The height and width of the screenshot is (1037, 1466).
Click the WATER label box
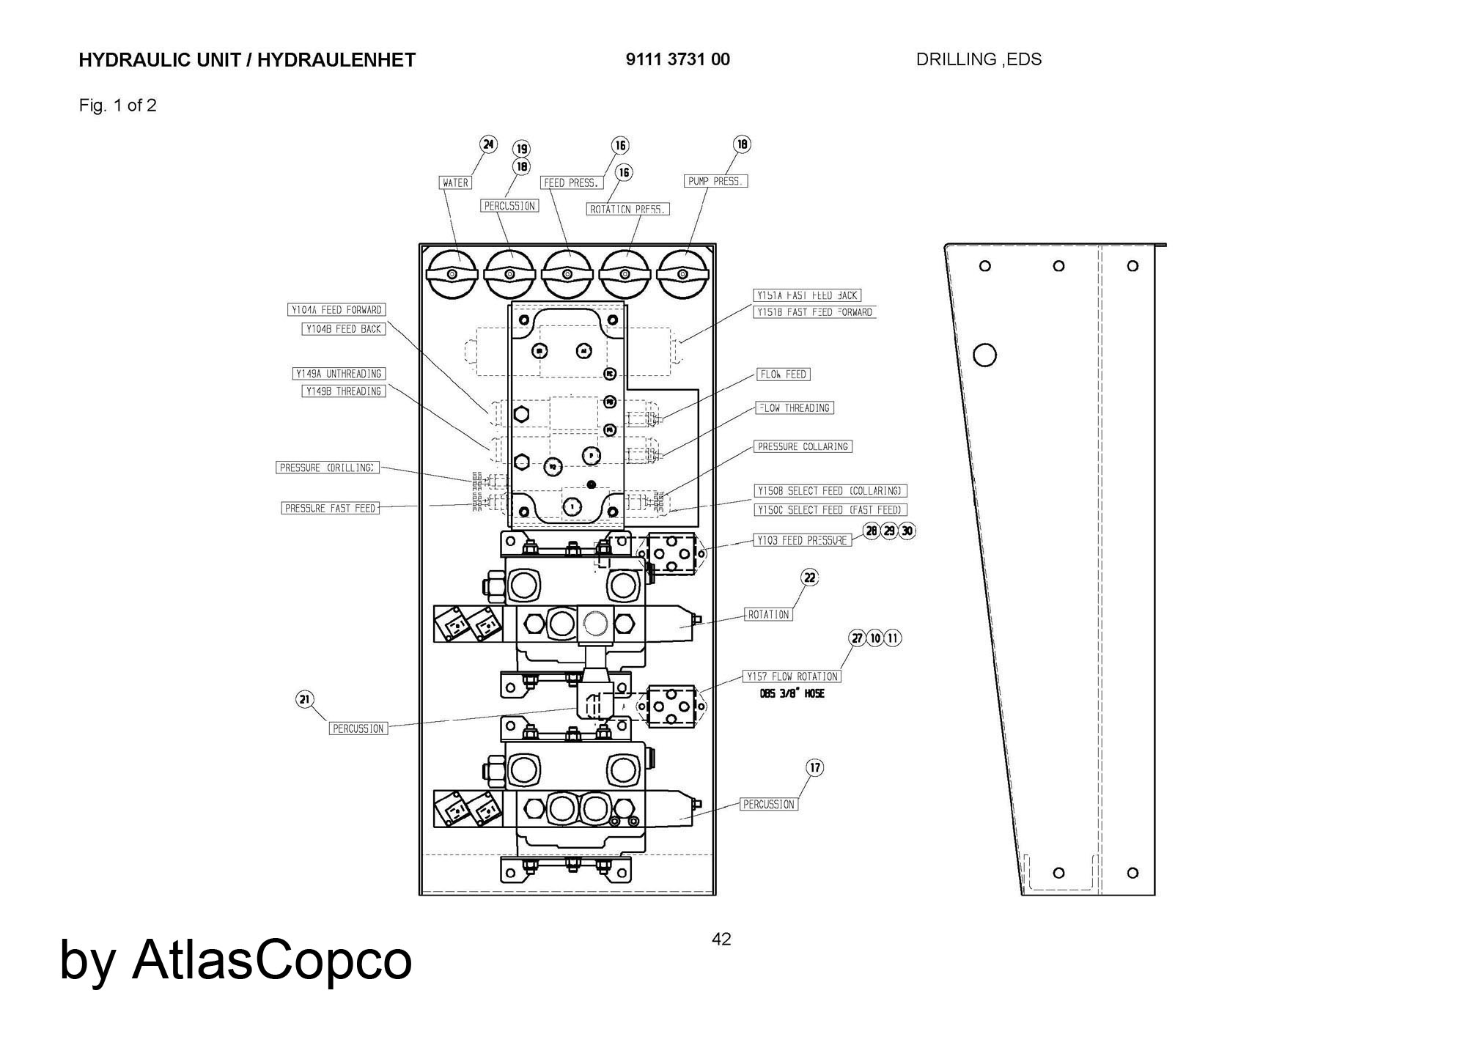click(455, 182)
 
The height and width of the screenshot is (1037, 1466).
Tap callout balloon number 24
click(488, 144)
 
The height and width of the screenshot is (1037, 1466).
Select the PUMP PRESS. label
click(716, 181)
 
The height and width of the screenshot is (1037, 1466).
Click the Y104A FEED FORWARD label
click(336, 310)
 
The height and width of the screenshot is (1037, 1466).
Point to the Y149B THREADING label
click(344, 391)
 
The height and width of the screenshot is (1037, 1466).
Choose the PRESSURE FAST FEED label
click(331, 508)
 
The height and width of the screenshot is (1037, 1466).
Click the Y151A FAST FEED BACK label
click(807, 295)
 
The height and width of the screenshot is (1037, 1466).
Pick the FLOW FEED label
click(783, 374)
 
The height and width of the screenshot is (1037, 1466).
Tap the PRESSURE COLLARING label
click(803, 446)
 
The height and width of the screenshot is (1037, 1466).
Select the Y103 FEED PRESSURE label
click(803, 540)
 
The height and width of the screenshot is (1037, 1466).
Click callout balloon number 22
click(809, 577)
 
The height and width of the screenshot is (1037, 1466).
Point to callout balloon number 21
click(305, 700)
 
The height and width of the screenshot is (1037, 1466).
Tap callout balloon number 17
click(815, 767)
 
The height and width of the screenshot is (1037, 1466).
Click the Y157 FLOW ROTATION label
click(792, 676)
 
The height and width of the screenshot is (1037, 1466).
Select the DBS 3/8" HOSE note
click(792, 693)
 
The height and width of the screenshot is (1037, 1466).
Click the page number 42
click(721, 940)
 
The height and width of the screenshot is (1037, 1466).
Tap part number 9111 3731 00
click(677, 59)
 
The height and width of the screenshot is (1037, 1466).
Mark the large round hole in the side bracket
click(984, 355)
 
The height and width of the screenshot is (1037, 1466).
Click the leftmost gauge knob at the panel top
click(452, 274)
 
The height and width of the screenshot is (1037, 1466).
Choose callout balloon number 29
click(889, 531)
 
